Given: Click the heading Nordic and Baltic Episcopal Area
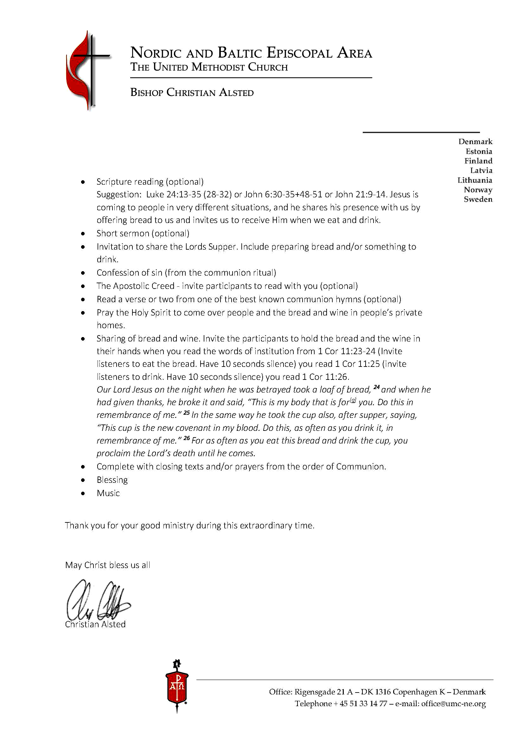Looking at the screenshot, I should (251, 53).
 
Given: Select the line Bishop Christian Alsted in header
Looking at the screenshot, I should (192, 93).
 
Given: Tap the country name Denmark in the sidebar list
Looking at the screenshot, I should (475, 142).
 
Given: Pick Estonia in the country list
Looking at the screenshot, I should (478, 151).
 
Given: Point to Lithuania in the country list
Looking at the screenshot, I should (474, 180).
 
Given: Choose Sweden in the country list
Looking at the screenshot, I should (478, 199).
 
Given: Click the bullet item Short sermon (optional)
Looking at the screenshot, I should (143, 233).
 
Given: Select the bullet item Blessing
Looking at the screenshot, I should (112, 480).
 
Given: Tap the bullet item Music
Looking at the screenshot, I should (108, 493).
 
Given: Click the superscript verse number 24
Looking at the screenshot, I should (376, 387).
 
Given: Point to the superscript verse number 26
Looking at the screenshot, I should (186, 438).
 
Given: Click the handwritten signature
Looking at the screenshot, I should (97, 600).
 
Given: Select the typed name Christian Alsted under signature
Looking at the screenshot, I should (95, 624).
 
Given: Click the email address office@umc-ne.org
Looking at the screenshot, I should (453, 704).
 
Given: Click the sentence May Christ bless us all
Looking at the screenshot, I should (107, 565).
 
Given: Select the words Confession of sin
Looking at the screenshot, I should (129, 273).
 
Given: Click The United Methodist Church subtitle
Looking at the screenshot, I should (209, 67).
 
